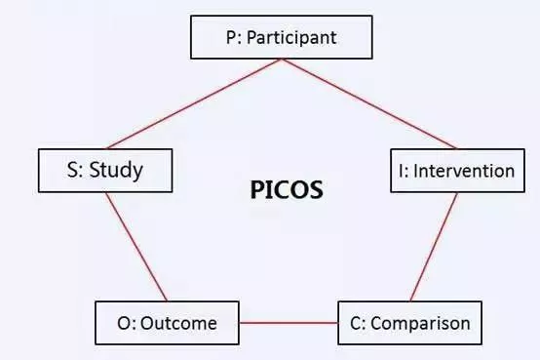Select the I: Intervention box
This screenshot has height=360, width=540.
(452, 171)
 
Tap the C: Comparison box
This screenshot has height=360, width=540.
(409, 322)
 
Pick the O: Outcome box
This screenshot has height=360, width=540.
(168, 322)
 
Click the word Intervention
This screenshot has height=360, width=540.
(464, 171)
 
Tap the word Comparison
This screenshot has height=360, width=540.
(421, 322)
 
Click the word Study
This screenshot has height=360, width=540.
(116, 171)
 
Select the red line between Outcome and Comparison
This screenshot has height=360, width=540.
(289, 322)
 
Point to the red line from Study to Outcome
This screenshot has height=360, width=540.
(135, 246)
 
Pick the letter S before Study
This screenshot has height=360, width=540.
(74, 171)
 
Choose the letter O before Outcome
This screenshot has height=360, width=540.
(124, 322)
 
